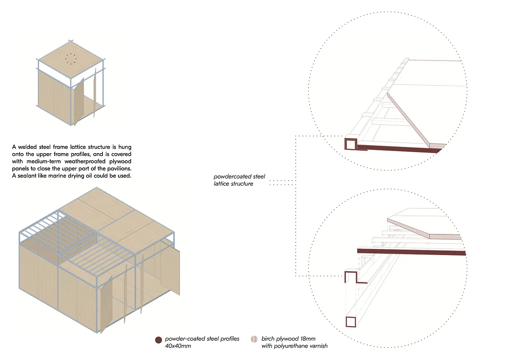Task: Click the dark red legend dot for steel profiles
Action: [158, 340]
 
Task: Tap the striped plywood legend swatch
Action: [254, 340]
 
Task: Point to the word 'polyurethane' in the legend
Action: [292, 346]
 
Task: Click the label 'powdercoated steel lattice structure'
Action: [239, 180]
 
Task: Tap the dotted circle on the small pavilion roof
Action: [71, 59]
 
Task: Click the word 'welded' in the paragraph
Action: [29, 148]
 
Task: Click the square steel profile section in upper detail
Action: [350, 144]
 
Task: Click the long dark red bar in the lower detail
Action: [411, 251]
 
